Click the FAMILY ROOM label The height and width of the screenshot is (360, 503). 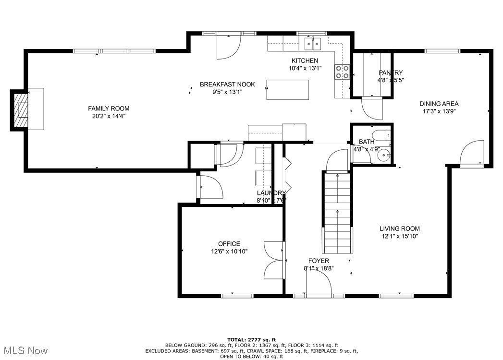(108, 108)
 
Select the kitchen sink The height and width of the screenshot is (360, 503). (313, 44)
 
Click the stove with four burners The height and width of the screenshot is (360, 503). (342, 72)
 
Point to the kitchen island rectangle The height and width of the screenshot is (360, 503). (288, 90)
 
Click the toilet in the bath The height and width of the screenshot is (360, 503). (383, 135)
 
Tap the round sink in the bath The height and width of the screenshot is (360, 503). (384, 155)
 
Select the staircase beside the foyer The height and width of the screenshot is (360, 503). (337, 214)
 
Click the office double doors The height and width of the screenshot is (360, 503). (274, 260)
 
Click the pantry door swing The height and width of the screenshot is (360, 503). (372, 108)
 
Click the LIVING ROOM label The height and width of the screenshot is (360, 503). (400, 229)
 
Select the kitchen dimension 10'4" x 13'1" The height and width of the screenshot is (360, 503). (305, 68)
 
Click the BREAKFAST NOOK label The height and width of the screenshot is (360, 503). (227, 84)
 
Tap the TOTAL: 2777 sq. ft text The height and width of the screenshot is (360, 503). (252, 340)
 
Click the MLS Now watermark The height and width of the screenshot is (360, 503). (24, 351)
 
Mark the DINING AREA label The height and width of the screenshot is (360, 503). (439, 103)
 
